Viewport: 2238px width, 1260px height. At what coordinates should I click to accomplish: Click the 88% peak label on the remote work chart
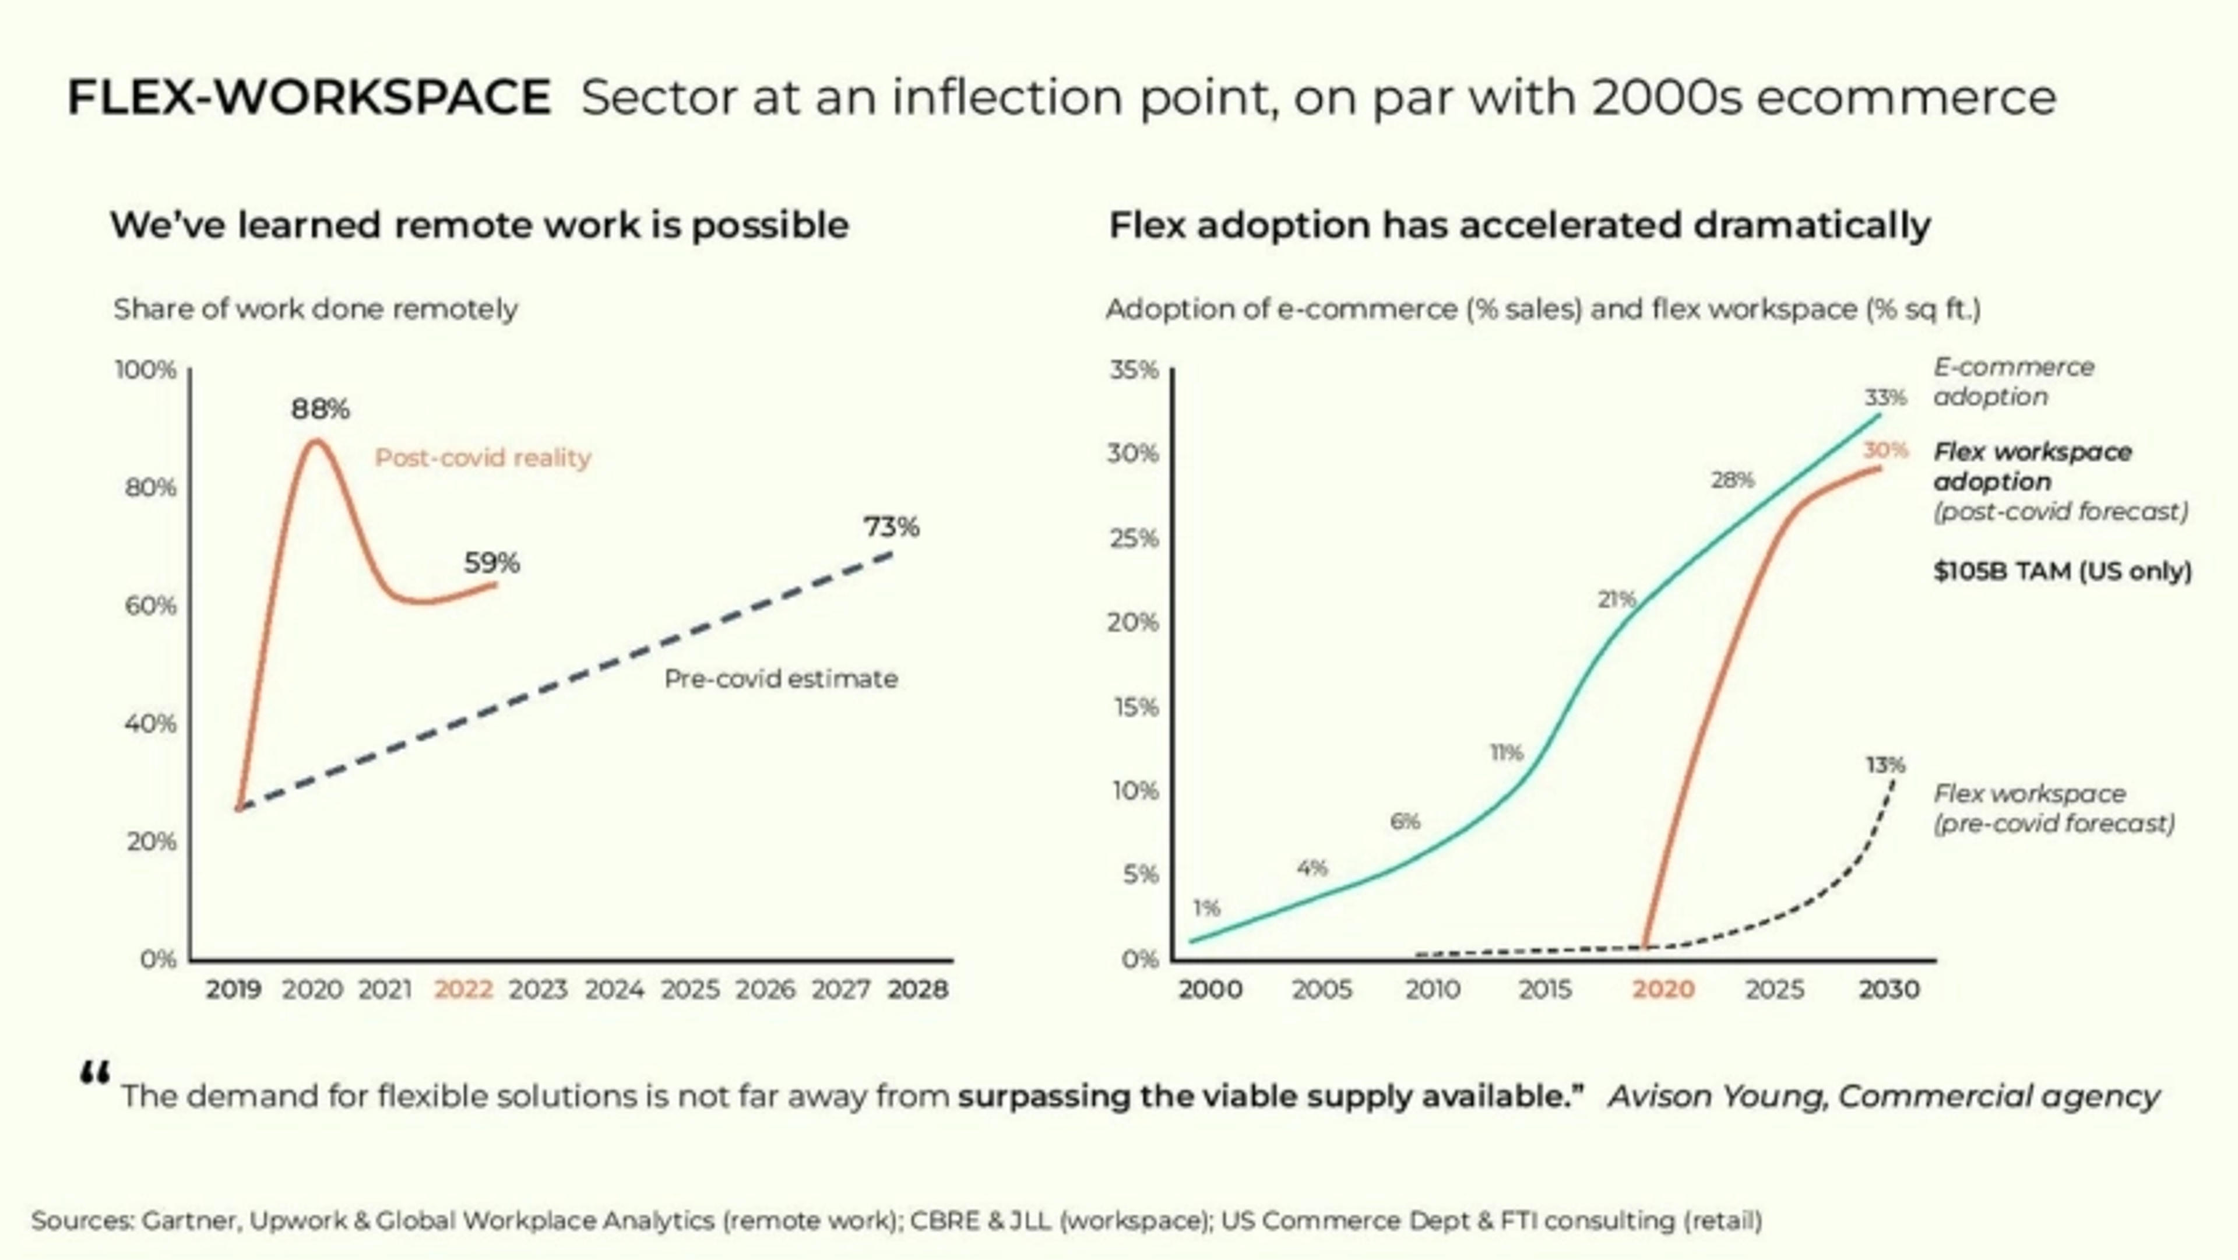point(320,409)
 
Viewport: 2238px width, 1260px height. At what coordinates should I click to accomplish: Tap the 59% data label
point(492,563)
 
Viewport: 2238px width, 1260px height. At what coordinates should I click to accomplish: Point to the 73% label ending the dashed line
point(891,527)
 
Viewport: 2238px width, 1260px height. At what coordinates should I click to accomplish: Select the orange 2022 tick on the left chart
point(463,989)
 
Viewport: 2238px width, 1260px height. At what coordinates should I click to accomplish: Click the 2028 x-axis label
point(917,989)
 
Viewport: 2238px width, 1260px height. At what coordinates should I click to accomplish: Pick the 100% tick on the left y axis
point(146,370)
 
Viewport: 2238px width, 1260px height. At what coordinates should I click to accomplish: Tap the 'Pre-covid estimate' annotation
point(781,678)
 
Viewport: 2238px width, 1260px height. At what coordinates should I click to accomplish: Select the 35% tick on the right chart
point(1133,370)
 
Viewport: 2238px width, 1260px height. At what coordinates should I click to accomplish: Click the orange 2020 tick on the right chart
point(1663,989)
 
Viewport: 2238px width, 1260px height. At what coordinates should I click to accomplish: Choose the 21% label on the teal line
point(1616,599)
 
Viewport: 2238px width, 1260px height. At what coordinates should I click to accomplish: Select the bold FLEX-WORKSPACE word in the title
point(308,97)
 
